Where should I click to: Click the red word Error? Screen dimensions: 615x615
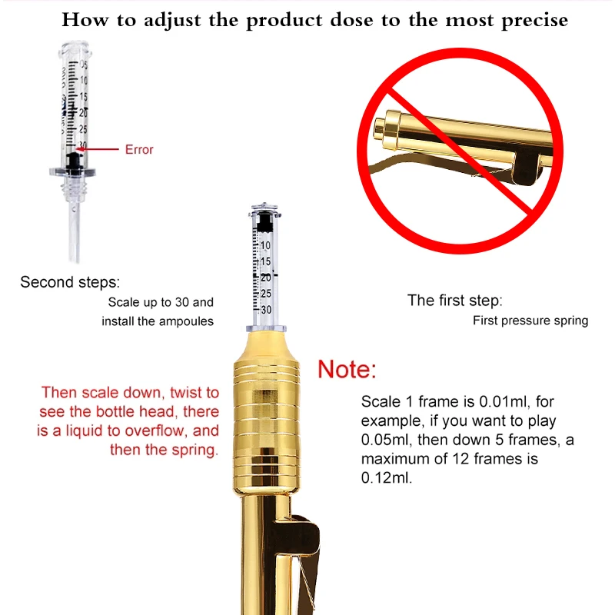(x=139, y=149)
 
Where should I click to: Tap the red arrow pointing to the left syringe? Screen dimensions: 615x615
(x=98, y=149)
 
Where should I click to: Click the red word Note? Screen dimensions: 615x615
(x=347, y=369)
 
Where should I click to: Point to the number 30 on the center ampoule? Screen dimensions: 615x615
(x=266, y=310)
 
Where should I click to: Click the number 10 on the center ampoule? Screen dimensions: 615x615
(x=265, y=245)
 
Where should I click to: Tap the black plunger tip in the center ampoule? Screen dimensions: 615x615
(x=264, y=222)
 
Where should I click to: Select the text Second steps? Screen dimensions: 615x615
(x=70, y=282)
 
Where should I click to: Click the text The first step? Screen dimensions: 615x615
(x=454, y=301)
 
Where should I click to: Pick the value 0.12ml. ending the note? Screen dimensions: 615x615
(x=387, y=477)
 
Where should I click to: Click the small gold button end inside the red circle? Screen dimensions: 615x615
(x=380, y=128)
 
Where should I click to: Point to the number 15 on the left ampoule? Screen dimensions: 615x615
(x=84, y=97)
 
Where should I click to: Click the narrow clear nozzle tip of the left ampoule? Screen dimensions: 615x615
(x=75, y=231)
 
